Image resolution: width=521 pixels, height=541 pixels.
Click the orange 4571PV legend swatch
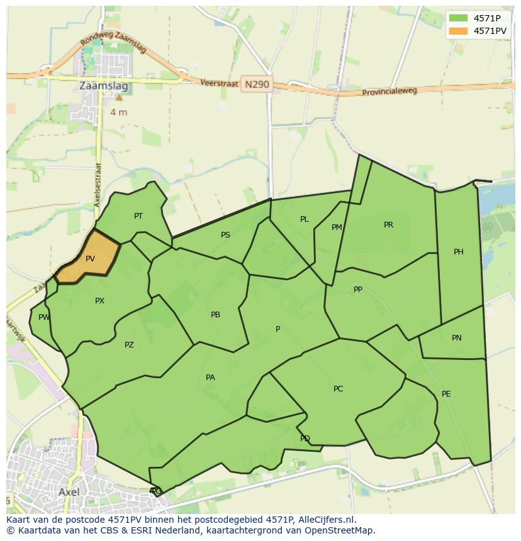pyautogui.click(x=459, y=31)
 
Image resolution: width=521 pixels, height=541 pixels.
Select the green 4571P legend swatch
pyautogui.click(x=459, y=18)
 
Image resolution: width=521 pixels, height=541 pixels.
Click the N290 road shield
pyautogui.click(x=257, y=84)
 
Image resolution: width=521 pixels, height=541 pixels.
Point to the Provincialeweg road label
pyautogui.click(x=389, y=92)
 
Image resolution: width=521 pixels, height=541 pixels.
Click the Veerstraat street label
pyautogui.click(x=219, y=83)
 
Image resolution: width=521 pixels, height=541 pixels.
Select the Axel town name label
pyautogui.click(x=69, y=492)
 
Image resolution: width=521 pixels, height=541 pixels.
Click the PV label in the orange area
pyautogui.click(x=90, y=258)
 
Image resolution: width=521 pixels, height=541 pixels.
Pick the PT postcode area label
pyautogui.click(x=138, y=216)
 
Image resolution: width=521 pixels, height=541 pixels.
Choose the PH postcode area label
pyautogui.click(x=458, y=252)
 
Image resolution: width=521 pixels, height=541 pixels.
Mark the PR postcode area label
pyautogui.click(x=388, y=225)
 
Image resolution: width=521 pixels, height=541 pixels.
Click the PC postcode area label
pyautogui.click(x=338, y=389)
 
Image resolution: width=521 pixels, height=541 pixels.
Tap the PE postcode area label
pyautogui.click(x=446, y=394)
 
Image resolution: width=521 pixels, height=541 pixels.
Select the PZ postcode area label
pyautogui.click(x=129, y=345)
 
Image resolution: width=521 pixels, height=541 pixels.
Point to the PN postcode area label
pyautogui.click(x=456, y=338)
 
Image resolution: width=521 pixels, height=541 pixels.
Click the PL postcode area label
pyautogui.click(x=304, y=219)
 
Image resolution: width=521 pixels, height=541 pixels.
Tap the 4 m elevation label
pyautogui.click(x=118, y=112)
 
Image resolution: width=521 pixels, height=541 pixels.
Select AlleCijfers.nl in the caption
pyautogui.click(x=325, y=520)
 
